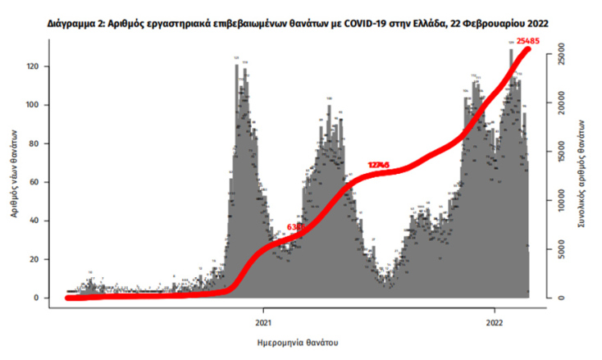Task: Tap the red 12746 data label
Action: click(x=379, y=165)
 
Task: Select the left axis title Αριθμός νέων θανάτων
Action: click(x=16, y=173)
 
